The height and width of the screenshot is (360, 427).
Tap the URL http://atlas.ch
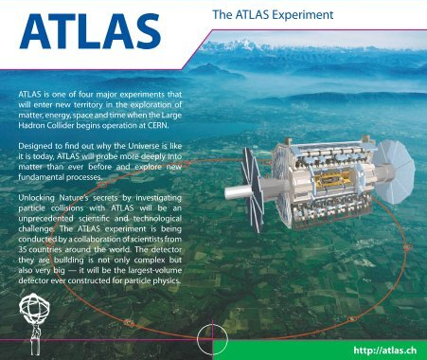click(x=383, y=351)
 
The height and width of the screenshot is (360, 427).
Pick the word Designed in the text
click(x=41, y=149)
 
